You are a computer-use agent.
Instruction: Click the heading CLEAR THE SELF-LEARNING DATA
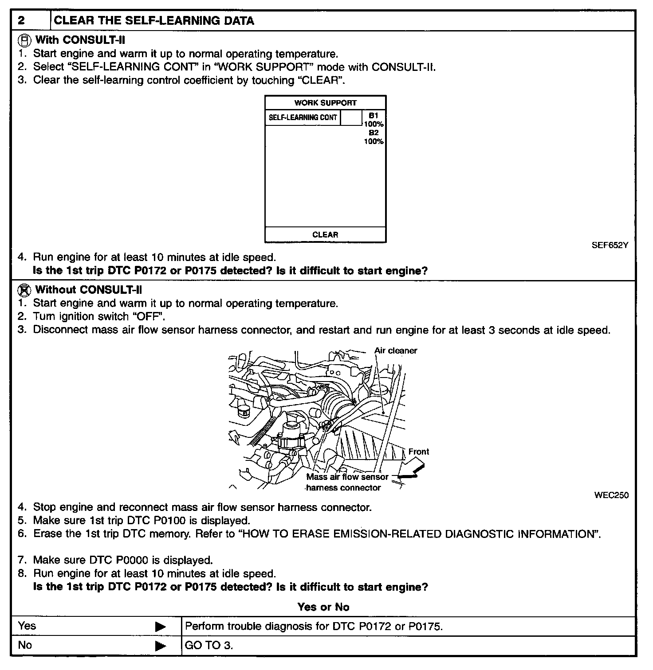click(153, 21)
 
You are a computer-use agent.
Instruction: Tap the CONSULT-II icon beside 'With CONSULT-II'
click(24, 40)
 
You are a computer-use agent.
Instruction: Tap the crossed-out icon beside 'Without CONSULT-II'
click(24, 290)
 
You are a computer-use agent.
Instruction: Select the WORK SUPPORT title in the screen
click(325, 103)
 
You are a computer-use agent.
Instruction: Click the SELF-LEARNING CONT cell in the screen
click(303, 117)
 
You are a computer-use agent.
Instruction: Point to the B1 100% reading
click(374, 120)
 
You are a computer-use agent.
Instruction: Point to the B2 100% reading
click(374, 137)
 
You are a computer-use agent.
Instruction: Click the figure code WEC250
click(611, 495)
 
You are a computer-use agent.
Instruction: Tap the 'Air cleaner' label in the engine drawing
click(396, 351)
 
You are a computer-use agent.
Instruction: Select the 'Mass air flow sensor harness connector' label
click(346, 483)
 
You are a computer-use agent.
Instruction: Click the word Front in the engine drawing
click(418, 452)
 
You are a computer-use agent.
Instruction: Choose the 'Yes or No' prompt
click(323, 607)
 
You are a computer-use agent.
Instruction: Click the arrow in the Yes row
click(160, 627)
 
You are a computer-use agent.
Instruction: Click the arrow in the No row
click(160, 646)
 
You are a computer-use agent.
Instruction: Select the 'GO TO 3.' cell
click(209, 646)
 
